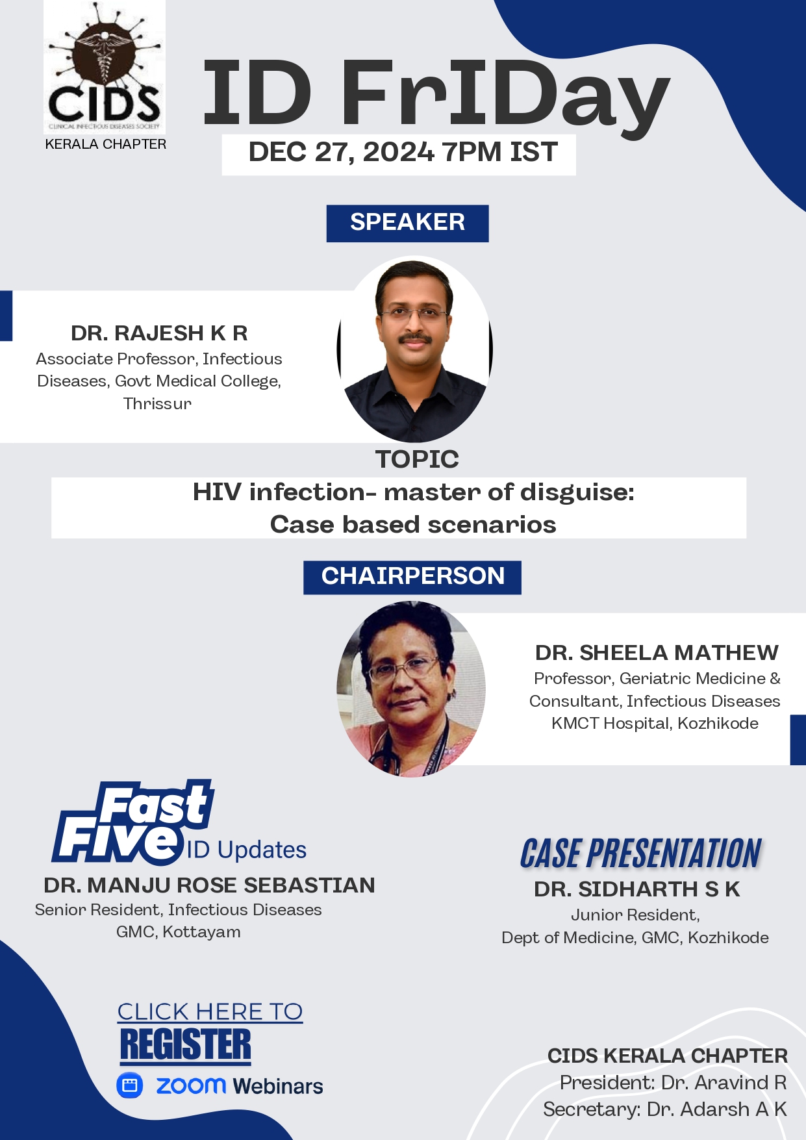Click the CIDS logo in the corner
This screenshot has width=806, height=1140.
[105, 68]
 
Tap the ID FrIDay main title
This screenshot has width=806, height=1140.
[436, 94]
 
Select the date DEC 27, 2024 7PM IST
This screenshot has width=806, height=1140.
[403, 152]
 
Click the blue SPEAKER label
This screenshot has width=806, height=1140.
[407, 223]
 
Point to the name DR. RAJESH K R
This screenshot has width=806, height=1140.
[159, 333]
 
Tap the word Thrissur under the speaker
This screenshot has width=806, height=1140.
[158, 403]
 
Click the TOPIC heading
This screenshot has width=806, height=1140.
[417, 459]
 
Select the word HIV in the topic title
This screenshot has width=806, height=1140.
[217, 492]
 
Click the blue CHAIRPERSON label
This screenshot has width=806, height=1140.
[412, 577]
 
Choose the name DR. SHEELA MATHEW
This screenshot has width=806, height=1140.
[657, 652]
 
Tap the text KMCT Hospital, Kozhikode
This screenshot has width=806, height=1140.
[655, 724]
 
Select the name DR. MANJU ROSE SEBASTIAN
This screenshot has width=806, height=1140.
[209, 885]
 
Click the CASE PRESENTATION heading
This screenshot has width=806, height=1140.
[640, 854]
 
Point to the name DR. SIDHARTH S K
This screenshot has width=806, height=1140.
[636, 889]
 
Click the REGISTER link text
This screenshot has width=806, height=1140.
[185, 1045]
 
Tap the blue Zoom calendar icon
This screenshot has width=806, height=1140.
[130, 1085]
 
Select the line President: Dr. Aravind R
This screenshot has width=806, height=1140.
[673, 1083]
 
